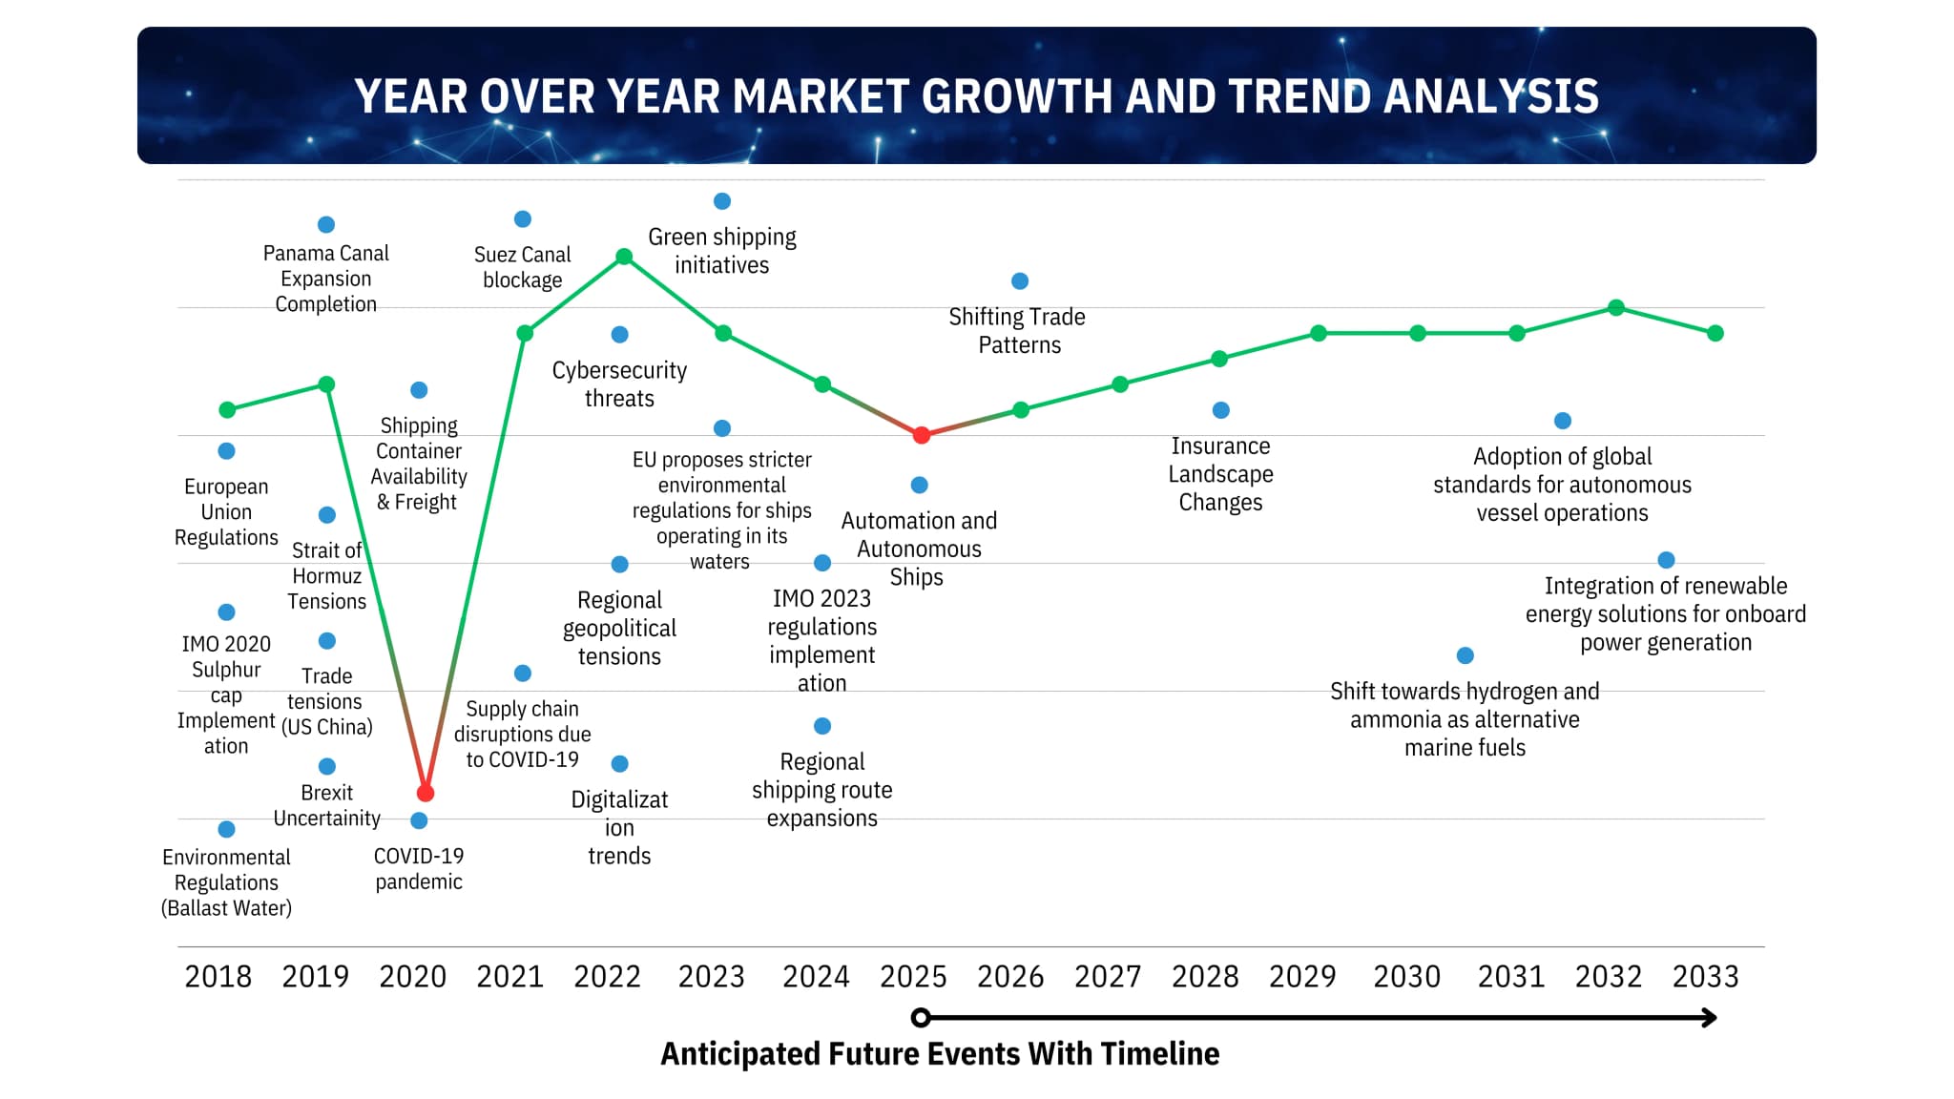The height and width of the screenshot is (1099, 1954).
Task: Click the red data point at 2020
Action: click(x=426, y=793)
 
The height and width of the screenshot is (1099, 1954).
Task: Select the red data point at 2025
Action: click(x=921, y=435)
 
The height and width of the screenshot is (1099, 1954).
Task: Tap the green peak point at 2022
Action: click(x=624, y=257)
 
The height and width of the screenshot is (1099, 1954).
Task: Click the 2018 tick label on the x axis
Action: click(x=218, y=977)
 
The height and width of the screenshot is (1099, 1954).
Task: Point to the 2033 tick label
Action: click(x=1705, y=977)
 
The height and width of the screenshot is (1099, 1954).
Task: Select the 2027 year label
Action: click(x=1107, y=977)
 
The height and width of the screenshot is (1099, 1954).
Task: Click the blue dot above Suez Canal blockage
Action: click(x=523, y=219)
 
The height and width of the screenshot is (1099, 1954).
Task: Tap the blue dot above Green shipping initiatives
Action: click(x=722, y=201)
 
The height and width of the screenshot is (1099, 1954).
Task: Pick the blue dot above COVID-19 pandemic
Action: click(x=419, y=820)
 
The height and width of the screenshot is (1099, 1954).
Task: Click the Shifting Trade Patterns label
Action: click(x=1018, y=330)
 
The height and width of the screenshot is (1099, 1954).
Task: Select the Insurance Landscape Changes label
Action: click(x=1220, y=474)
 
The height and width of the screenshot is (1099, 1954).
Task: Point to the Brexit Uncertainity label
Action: click(x=326, y=805)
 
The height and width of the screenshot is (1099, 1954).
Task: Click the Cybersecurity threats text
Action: click(x=619, y=384)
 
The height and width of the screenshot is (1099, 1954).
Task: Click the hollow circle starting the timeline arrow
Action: click(x=921, y=1018)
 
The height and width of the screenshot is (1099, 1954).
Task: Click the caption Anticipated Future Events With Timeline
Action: click(x=940, y=1054)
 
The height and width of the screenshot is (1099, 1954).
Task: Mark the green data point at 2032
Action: click(x=1616, y=308)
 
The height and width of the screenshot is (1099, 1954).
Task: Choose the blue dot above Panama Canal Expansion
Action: click(x=326, y=225)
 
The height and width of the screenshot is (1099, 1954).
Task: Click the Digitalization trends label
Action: click(x=619, y=827)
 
